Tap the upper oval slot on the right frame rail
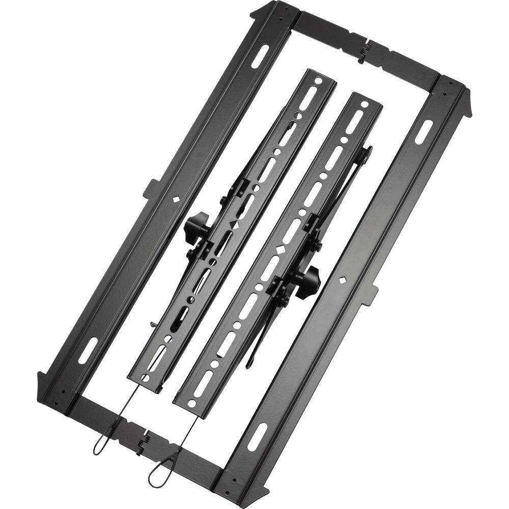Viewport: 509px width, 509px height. (424, 132)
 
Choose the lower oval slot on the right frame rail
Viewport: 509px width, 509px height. (257, 436)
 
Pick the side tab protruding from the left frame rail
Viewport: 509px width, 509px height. (151, 188)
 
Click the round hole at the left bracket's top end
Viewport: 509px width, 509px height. (318, 80)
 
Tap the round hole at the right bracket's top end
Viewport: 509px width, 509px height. (364, 104)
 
